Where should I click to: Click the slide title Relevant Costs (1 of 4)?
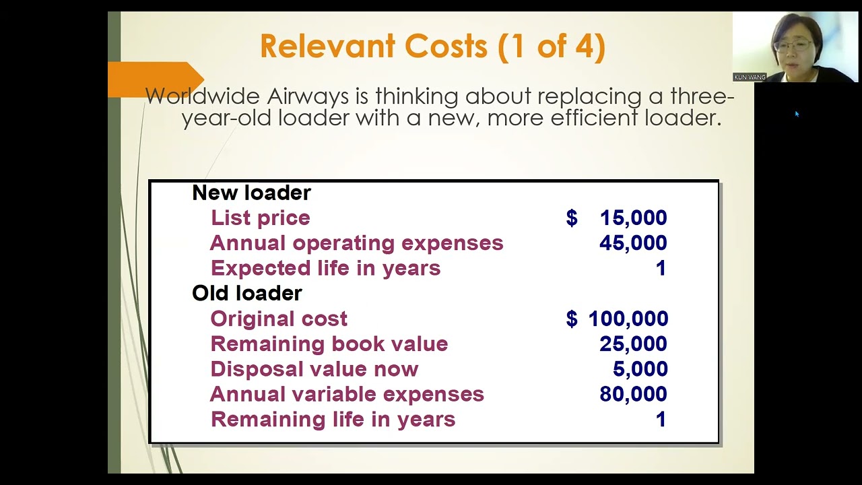coord(432,47)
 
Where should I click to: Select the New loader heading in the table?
coord(251,193)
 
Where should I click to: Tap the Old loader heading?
coord(246,293)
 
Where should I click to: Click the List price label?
coord(260,218)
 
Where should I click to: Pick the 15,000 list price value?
coord(632,218)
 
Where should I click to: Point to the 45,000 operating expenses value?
coord(632,243)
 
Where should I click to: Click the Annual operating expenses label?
coord(356,243)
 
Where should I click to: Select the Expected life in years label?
coord(325,268)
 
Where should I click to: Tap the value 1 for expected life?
coord(661,268)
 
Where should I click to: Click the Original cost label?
coord(279,319)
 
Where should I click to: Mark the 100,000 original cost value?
coord(628,319)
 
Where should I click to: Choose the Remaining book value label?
coord(329,344)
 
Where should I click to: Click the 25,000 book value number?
coord(632,344)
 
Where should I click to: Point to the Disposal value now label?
coord(314,369)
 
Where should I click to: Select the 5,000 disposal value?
coord(640,369)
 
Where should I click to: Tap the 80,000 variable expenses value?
coord(632,394)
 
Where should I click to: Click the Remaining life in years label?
coord(333,419)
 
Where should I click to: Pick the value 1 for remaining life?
coord(661,419)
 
